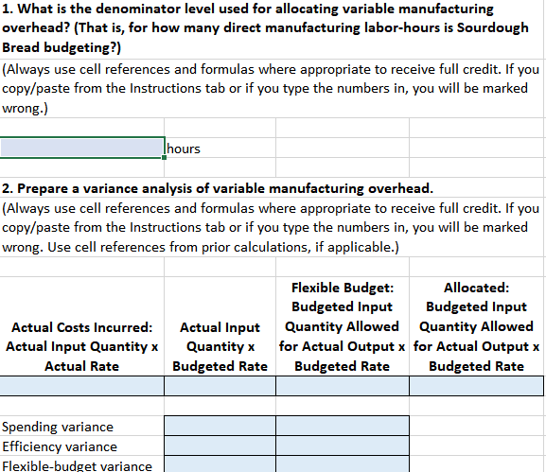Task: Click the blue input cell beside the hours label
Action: click(83, 148)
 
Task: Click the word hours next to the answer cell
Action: click(184, 149)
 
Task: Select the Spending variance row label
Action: click(59, 427)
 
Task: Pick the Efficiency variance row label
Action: click(61, 446)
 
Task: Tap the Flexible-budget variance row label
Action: click(78, 465)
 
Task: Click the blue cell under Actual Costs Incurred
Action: click(81, 386)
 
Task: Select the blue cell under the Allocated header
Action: click(476, 386)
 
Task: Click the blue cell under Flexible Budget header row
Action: click(342, 386)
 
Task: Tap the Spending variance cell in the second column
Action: click(220, 427)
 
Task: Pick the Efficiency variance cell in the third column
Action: click(342, 446)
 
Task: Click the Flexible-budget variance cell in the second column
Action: click(220, 465)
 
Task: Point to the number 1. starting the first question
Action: click(8, 9)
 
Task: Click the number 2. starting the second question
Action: click(8, 188)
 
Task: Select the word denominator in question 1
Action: click(126, 9)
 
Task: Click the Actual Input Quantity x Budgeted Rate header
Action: click(220, 346)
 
